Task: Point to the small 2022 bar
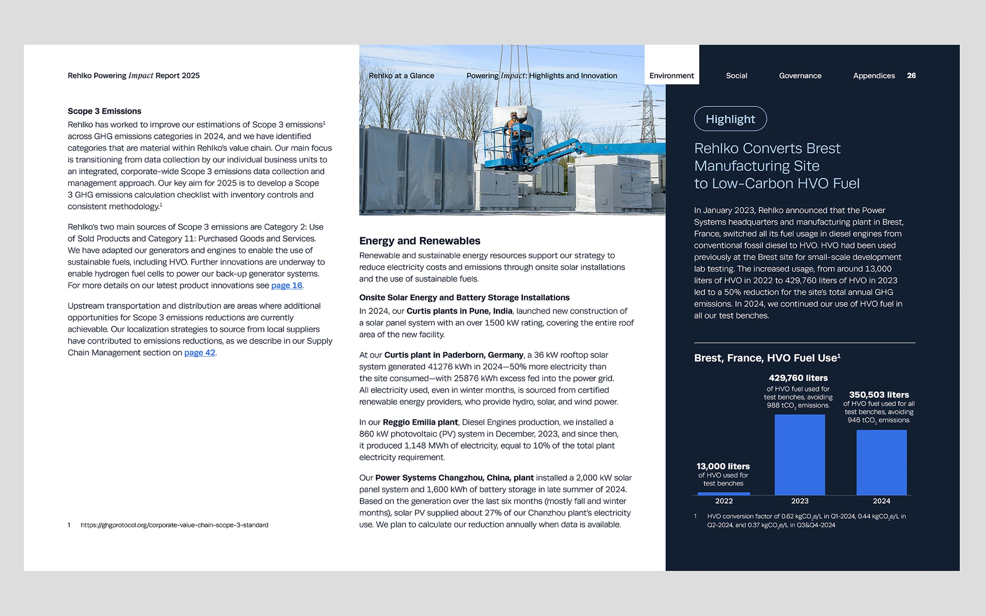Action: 724,493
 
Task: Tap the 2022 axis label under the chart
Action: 724,501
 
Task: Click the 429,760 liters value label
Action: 798,378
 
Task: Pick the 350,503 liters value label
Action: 879,395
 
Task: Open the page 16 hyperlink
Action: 287,286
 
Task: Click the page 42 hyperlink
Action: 200,353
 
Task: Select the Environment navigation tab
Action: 671,76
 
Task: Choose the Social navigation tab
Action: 736,76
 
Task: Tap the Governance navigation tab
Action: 800,76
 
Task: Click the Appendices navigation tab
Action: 874,76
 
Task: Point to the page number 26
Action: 911,76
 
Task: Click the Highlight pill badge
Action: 730,119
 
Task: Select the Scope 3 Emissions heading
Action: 104,111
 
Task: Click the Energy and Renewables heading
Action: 420,241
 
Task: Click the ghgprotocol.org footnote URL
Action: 174,525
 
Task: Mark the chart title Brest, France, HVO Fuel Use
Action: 767,358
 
